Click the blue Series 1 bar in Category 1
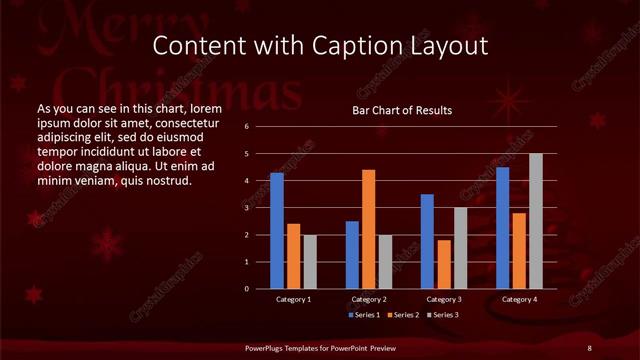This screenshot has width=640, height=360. coord(276,231)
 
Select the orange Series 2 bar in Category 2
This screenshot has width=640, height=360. coord(368,229)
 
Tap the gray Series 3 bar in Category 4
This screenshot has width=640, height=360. coord(535,221)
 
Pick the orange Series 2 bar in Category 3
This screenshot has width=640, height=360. coord(444,264)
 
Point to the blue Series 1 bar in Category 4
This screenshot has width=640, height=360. coord(502,228)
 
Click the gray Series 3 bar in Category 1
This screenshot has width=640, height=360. coord(310,262)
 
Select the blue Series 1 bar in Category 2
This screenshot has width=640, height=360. coord(352,255)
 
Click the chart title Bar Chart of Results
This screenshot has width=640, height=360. coord(402,110)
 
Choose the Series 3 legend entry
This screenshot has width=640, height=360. coord(444,315)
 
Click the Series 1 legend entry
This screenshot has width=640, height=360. coord(362,315)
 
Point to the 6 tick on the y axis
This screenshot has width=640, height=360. coord(246,127)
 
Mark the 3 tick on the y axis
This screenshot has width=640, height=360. coord(246,208)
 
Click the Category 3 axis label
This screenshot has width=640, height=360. coord(443,299)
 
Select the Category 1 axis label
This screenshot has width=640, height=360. coord(293,299)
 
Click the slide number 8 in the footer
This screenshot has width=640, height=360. coord(589,347)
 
